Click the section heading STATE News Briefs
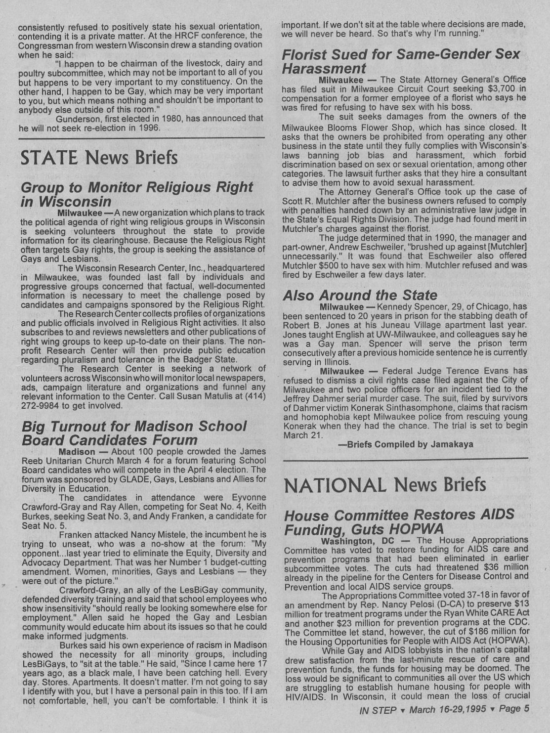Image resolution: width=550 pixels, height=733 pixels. [x=99, y=158]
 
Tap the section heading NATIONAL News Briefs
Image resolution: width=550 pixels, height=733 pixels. [x=385, y=484]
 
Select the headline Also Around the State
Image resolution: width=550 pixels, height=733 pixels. [x=360, y=295]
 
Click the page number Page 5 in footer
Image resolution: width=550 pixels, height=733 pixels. [x=513, y=709]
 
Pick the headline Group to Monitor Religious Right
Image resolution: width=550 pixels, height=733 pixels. [x=137, y=187]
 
